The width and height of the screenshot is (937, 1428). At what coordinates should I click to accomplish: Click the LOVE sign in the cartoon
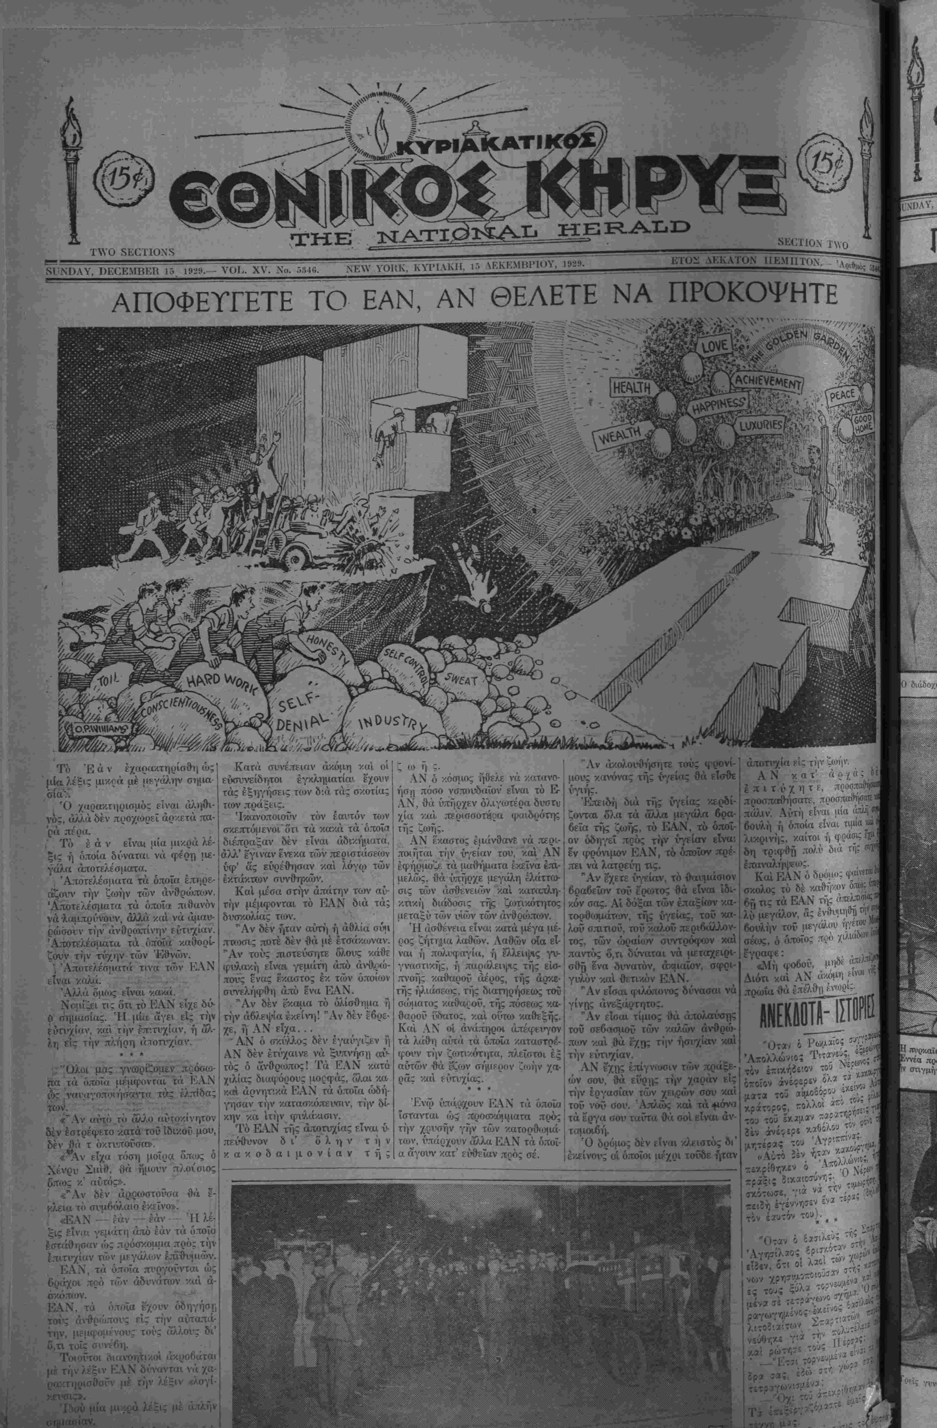(714, 346)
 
